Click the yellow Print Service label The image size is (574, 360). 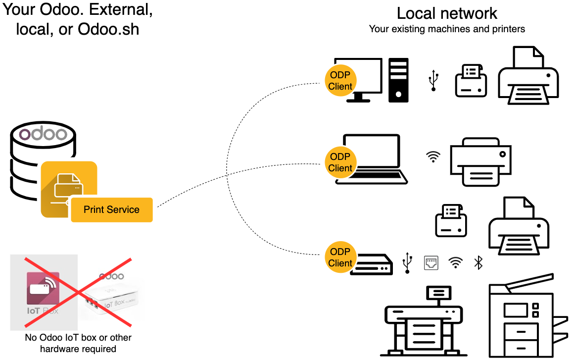(x=111, y=209)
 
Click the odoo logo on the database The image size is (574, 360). (x=43, y=134)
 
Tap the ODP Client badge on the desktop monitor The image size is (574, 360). (x=340, y=81)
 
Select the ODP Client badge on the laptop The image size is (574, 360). (x=340, y=162)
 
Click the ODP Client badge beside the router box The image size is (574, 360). (x=340, y=257)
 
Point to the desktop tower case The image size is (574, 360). (x=398, y=80)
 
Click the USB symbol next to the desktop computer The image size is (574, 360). (x=433, y=81)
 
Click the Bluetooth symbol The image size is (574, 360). (x=478, y=262)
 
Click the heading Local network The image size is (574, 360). (x=447, y=13)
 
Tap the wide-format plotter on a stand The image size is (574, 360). (x=423, y=319)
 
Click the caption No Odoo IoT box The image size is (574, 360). (x=78, y=338)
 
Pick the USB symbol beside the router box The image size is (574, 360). (x=407, y=262)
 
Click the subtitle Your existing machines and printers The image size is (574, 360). (x=447, y=29)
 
